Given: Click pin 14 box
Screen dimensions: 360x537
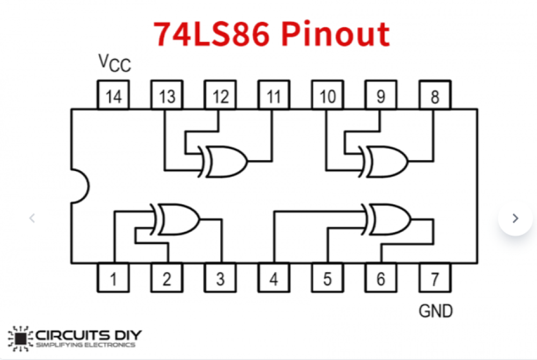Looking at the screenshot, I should point(113,96).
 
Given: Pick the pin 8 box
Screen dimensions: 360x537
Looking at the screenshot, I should point(435,96).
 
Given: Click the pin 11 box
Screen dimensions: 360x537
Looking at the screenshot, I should point(274,96).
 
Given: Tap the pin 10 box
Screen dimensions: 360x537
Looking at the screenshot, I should point(328,96).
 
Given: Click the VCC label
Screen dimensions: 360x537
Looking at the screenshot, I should point(114,63).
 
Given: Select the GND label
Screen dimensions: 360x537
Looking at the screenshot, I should point(435,310).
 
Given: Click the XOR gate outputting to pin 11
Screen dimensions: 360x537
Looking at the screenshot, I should point(224,160).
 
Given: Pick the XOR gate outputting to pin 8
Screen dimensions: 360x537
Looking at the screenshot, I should point(385,160).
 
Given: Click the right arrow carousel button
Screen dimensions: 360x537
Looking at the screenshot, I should point(515,218).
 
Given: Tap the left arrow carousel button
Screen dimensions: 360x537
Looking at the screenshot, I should point(32,218).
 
